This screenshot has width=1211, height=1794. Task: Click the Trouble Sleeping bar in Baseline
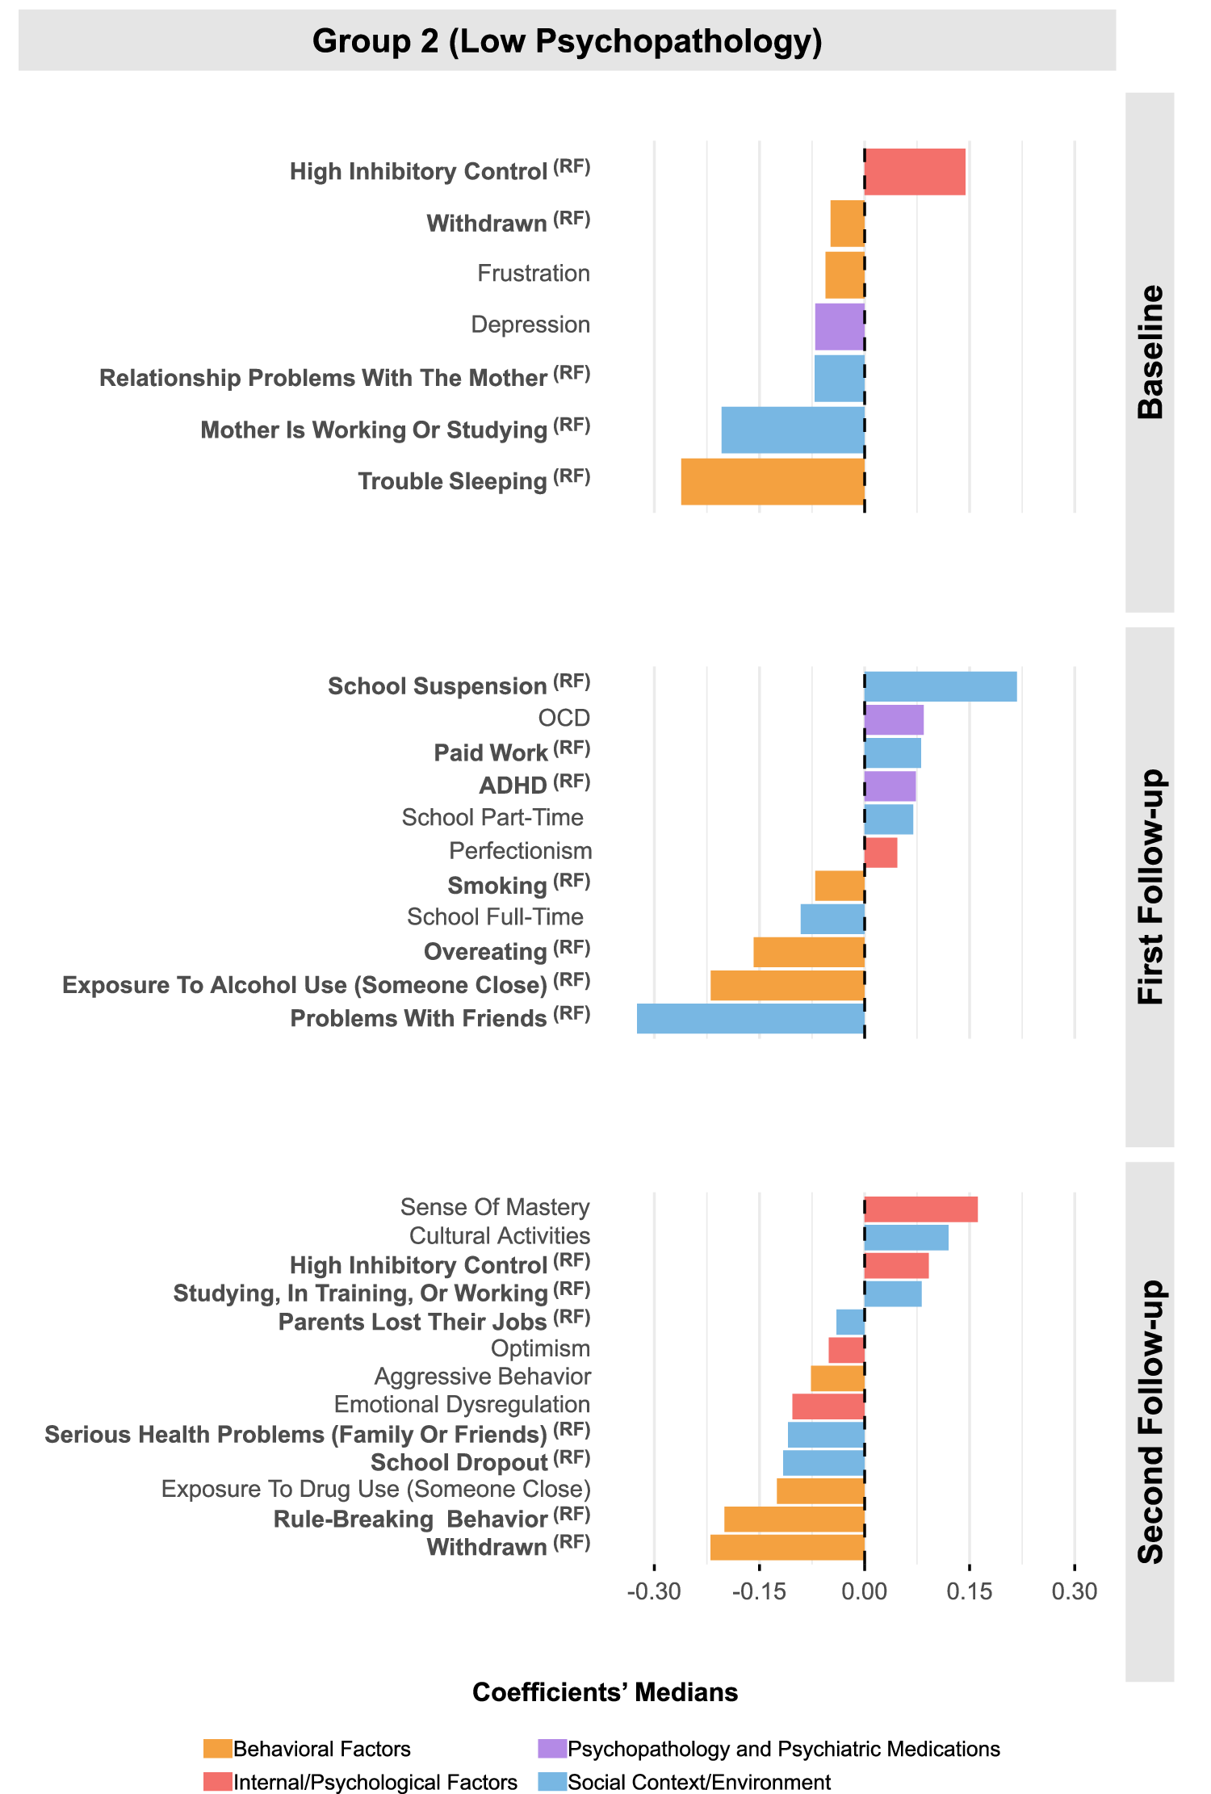(x=773, y=482)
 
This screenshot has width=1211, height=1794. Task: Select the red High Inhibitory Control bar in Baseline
(x=915, y=172)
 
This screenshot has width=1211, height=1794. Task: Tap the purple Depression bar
(x=840, y=327)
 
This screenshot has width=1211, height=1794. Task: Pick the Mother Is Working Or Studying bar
(x=793, y=430)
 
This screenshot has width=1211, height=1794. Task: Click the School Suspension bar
(x=941, y=686)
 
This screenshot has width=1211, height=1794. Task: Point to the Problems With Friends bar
(x=751, y=1018)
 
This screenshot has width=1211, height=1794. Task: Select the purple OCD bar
(x=894, y=719)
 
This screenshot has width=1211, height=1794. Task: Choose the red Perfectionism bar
(x=881, y=853)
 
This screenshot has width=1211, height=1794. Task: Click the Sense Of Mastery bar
(x=921, y=1209)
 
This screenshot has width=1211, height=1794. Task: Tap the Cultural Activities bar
(x=907, y=1238)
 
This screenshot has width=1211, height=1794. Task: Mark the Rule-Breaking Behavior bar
(x=794, y=1519)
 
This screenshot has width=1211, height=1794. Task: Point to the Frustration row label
(x=533, y=274)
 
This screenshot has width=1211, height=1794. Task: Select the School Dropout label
(x=459, y=1463)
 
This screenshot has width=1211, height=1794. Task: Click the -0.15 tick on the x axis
(x=759, y=1591)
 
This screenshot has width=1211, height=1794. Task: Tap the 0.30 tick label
(x=1075, y=1591)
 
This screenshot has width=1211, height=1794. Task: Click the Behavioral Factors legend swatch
(x=218, y=1749)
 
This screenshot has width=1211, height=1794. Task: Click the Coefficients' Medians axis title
(x=605, y=1692)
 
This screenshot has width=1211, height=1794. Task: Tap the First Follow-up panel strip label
(x=1150, y=887)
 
